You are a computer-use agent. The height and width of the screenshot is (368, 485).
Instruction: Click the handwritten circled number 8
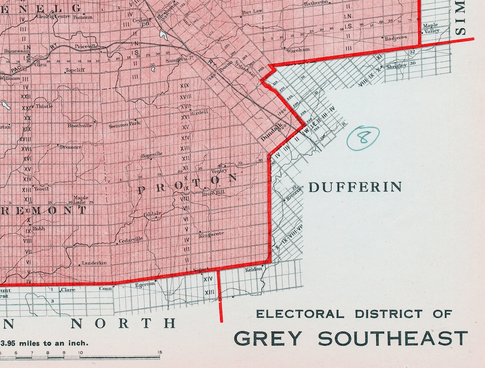pyautogui.click(x=363, y=138)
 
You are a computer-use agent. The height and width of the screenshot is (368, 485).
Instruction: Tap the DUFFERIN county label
pyautogui.click(x=355, y=187)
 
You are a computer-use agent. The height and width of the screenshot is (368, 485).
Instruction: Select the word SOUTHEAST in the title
pyautogui.click(x=393, y=338)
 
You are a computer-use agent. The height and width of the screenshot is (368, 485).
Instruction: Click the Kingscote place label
pyautogui.click(x=212, y=234)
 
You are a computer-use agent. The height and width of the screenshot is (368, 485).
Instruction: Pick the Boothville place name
pyautogui.click(x=80, y=125)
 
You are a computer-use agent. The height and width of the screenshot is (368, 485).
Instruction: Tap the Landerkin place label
pyautogui.click(x=94, y=263)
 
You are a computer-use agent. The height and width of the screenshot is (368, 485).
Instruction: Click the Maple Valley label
pyautogui.click(x=431, y=28)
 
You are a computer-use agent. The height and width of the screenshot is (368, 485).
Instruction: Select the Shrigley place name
pyautogui.click(x=397, y=66)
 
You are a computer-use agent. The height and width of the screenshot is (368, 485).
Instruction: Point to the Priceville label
pyautogui.click(x=87, y=46)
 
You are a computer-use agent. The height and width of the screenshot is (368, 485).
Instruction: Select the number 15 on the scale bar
pyautogui.click(x=159, y=352)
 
